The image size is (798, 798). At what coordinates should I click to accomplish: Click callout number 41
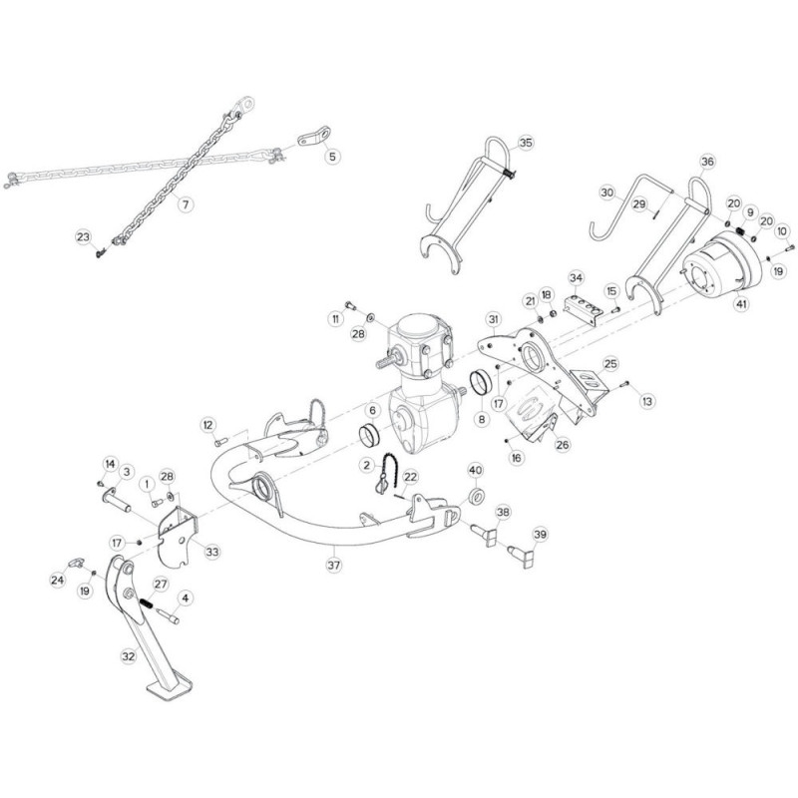tap(739, 303)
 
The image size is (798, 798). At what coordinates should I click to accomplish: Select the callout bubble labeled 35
tap(526, 144)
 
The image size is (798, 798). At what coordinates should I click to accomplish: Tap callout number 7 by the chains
tap(184, 202)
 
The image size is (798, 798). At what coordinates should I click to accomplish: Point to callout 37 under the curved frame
tap(336, 564)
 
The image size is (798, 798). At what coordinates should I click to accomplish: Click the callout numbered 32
tap(127, 656)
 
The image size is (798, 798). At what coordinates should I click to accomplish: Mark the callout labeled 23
tap(83, 236)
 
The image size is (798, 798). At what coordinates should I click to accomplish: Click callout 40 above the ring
tap(475, 470)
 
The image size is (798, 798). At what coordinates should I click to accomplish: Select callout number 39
tap(539, 536)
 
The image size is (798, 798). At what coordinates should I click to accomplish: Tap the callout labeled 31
tap(492, 319)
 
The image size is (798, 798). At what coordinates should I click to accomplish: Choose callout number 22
tap(410, 478)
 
